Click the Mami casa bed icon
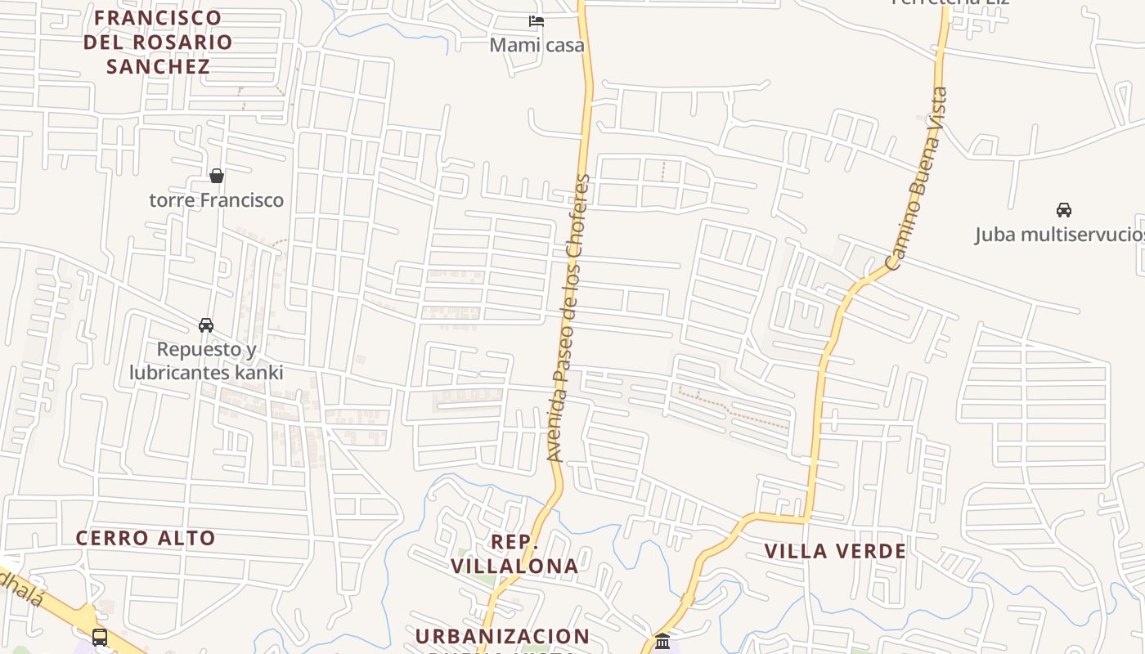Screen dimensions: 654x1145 click(537, 20)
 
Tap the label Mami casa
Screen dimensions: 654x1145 click(537, 45)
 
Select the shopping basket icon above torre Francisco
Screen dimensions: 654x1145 click(217, 176)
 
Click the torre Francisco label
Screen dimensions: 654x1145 click(217, 200)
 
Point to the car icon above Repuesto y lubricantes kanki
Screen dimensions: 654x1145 click(206, 325)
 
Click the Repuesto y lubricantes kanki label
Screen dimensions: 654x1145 click(206, 361)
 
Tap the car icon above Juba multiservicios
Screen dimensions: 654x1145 click(1064, 210)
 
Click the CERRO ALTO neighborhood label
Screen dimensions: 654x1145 click(146, 538)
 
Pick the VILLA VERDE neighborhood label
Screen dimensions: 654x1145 click(835, 551)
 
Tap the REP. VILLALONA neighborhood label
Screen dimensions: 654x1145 click(514, 553)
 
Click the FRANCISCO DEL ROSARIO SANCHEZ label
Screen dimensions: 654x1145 click(158, 42)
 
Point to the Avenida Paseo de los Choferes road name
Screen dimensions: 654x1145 click(568, 319)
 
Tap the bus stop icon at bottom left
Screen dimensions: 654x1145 click(100, 637)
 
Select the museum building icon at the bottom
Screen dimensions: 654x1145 click(662, 641)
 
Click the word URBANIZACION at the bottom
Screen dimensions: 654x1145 click(502, 636)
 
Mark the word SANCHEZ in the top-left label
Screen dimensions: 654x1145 click(158, 66)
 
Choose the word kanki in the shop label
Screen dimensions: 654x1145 click(258, 373)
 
